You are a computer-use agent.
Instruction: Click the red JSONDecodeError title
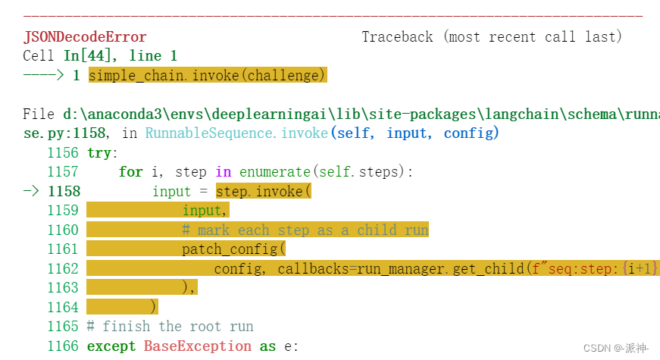point(85,36)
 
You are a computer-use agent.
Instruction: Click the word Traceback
point(397,36)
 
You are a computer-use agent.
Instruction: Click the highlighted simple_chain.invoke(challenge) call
point(207,75)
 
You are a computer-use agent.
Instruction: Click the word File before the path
point(39,114)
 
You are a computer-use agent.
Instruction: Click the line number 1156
point(63,152)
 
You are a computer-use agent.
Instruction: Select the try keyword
point(99,152)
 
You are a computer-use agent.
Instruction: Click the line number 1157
point(63,172)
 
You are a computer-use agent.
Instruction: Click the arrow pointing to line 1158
point(30,191)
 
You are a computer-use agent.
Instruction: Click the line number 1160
point(63,230)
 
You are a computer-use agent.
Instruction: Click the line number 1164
point(63,307)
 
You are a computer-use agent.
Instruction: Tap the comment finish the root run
point(177,327)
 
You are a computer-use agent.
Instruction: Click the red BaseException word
point(197,346)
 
